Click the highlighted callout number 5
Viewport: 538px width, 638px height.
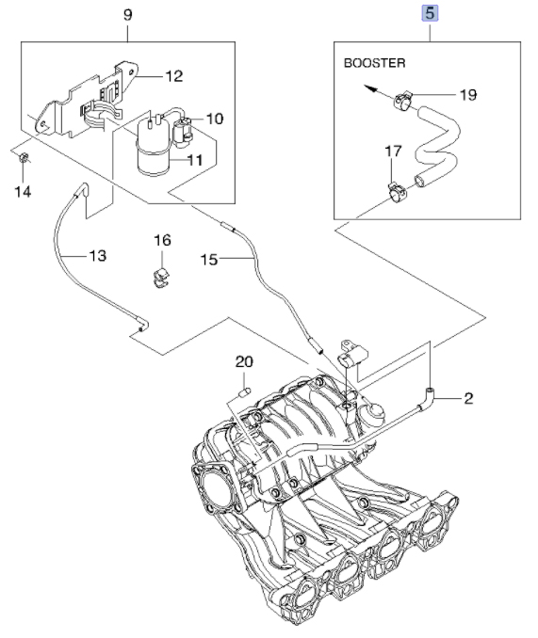[x=430, y=14]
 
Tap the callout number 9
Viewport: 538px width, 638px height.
[x=128, y=15]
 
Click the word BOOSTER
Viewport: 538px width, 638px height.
[x=375, y=63]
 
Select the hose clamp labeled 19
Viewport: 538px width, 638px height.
[x=402, y=100]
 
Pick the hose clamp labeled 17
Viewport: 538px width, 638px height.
[x=397, y=192]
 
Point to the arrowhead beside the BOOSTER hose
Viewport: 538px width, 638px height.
[x=369, y=88]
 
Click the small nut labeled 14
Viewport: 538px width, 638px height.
[x=24, y=157]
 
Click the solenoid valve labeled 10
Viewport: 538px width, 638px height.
[x=182, y=132]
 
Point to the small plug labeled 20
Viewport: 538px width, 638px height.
[x=243, y=392]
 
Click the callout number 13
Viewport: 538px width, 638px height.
[x=98, y=256]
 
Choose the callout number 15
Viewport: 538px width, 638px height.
[x=210, y=259]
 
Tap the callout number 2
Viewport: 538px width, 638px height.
[x=469, y=398]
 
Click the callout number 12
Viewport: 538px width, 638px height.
[x=174, y=76]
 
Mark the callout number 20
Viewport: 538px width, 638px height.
[x=244, y=361]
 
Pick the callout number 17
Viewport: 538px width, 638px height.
[x=394, y=151]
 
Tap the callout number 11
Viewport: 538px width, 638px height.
[x=195, y=160]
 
